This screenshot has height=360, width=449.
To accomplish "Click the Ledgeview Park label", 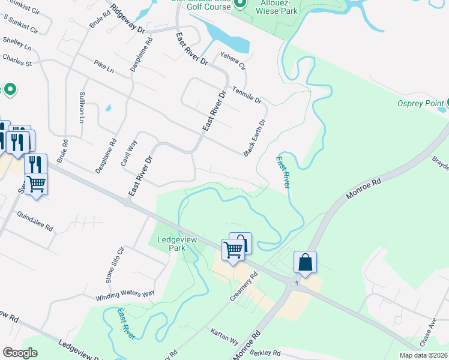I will pos(174,243).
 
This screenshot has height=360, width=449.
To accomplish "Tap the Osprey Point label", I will pos(420,104).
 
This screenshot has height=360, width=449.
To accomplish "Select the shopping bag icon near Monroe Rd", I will pos(305,262).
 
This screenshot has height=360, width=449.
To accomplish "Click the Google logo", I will pos(20,353).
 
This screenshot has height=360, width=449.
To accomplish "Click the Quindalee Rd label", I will pos(35,221).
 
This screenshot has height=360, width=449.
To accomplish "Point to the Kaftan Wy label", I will pos(224,335).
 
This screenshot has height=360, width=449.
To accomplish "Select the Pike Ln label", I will pos(103,66).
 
